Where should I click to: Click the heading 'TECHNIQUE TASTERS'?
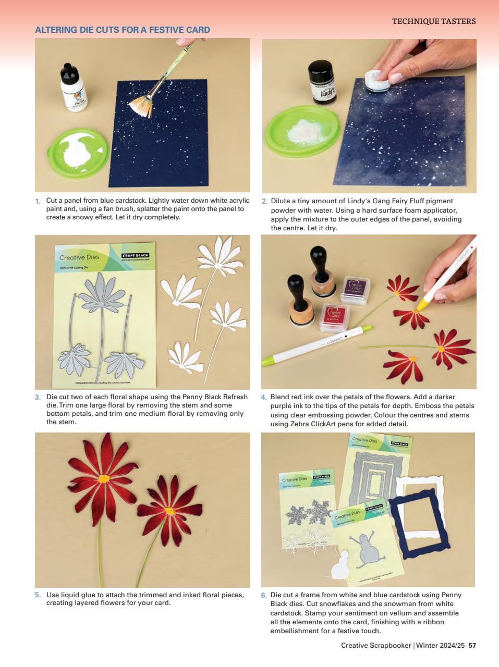click(433, 21)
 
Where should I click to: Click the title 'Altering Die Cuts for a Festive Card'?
click(122, 30)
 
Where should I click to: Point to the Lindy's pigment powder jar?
click(323, 82)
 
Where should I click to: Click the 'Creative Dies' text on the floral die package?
click(79, 257)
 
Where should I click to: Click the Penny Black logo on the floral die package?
click(135, 256)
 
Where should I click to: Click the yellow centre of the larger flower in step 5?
click(104, 478)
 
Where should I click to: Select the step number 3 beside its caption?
click(38, 397)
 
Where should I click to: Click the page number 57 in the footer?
click(472, 645)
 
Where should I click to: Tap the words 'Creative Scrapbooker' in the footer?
click(376, 645)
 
